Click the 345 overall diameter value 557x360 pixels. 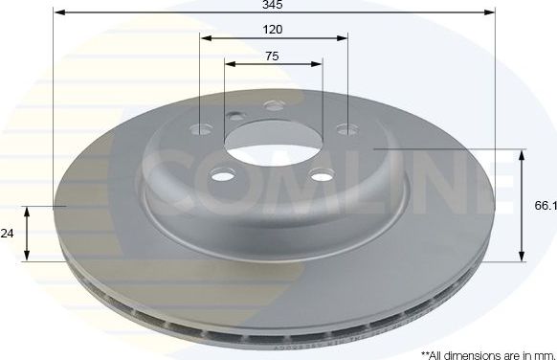point(274,6)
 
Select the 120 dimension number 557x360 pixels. point(273,30)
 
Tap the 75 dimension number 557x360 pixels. point(273,56)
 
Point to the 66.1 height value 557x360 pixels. point(545,205)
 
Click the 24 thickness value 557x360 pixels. point(9,232)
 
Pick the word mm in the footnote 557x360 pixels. point(542,353)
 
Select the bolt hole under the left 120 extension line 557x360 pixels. point(200,129)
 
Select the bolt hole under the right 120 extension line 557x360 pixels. point(343,128)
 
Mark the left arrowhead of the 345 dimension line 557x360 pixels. point(56,13)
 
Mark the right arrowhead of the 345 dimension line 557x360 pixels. point(492,13)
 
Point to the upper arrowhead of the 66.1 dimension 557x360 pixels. point(522,153)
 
